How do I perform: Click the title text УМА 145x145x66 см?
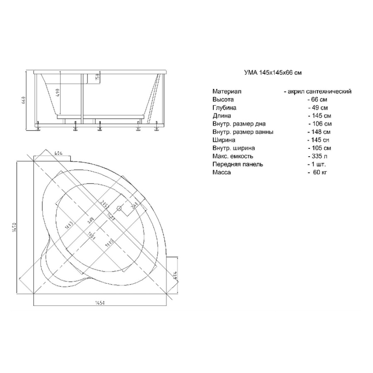tap(272, 73)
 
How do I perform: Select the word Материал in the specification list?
tap(227, 92)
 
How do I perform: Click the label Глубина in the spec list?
tap(225, 108)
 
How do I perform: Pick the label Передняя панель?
tap(237, 165)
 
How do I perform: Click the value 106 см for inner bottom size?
tap(320, 124)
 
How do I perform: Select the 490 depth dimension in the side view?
tap(58, 92)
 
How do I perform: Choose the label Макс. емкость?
tap(233, 156)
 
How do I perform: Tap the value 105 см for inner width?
tap(320, 148)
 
